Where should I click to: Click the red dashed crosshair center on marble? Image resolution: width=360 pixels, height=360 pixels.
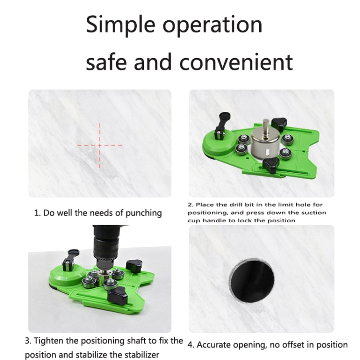pyautogui.click(x=99, y=144)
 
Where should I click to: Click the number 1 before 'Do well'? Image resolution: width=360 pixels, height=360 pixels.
pyautogui.click(x=36, y=213)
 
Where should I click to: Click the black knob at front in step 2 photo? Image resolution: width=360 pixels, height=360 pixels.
pyautogui.click(x=271, y=166)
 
